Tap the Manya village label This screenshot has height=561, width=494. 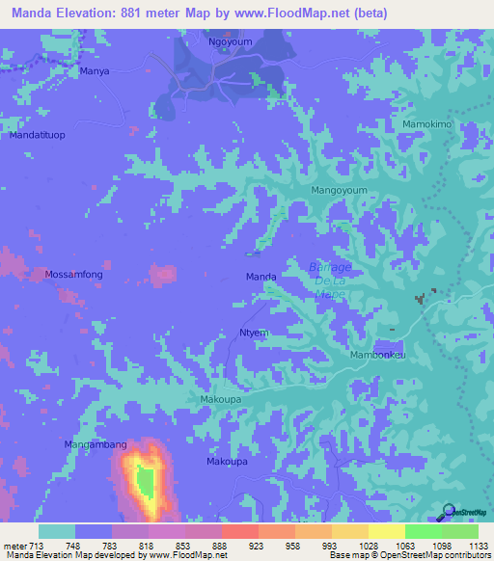[95, 71]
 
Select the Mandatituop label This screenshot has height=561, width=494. [36, 136]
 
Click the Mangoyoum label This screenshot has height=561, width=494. [340, 191]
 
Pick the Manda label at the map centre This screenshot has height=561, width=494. [261, 277]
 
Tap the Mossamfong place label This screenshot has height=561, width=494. [73, 275]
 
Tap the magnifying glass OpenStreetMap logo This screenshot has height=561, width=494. [445, 510]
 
